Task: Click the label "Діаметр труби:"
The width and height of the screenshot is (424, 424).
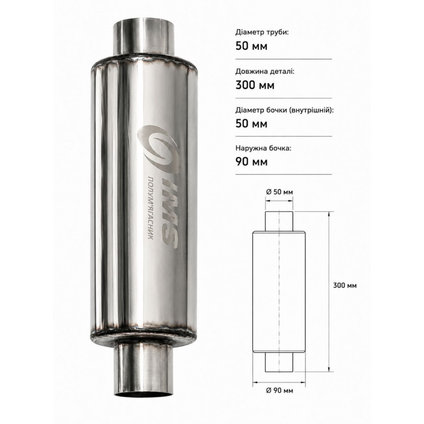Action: click(262, 33)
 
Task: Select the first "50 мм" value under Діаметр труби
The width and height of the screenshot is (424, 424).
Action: click(251, 46)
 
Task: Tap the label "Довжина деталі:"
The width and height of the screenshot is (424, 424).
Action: click(265, 71)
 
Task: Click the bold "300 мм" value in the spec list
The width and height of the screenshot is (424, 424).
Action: click(255, 85)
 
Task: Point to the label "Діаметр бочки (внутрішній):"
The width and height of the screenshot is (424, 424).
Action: click(285, 110)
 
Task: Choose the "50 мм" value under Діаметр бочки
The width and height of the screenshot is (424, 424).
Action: click(251, 123)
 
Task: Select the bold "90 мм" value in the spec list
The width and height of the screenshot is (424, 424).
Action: click(251, 162)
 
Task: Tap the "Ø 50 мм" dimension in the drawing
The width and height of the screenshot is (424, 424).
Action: click(279, 192)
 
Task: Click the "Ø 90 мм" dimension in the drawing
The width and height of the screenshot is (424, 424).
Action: click(279, 391)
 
